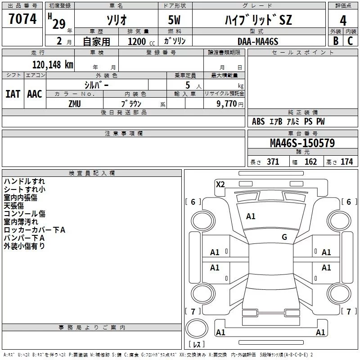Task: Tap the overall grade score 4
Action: tap(343, 20)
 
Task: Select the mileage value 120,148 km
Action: tap(53, 65)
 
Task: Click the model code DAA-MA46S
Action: tap(258, 41)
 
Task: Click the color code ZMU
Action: tap(75, 104)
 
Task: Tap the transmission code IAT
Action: tap(13, 94)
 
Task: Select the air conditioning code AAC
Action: tap(34, 94)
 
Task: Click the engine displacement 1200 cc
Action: tap(137, 41)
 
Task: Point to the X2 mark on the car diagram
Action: tap(220, 184)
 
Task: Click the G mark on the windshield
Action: tap(284, 237)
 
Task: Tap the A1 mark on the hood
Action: tap(251, 216)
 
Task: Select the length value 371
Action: tap(273, 162)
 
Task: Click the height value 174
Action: tap(347, 162)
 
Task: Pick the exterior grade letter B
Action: tap(335, 41)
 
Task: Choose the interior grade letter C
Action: tap(350, 41)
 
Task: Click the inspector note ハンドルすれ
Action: tap(24, 181)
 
